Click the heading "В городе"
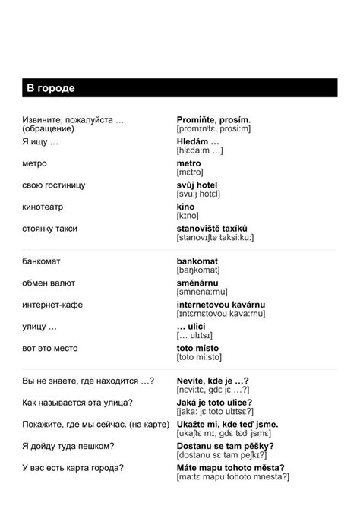51,89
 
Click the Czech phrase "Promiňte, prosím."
213,120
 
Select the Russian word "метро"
35,163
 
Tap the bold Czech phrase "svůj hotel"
197,185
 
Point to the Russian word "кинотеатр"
43,207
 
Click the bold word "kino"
185,207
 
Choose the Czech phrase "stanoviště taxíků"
212,229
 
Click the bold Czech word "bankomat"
197,261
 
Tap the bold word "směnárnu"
197,283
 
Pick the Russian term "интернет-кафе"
52,305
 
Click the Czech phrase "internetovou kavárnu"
219,305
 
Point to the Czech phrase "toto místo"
197,348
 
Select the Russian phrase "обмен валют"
49,283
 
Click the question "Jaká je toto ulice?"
215,403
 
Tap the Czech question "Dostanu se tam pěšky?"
226,446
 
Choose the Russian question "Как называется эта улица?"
77,403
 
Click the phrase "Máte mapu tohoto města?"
231,468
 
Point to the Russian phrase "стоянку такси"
50,229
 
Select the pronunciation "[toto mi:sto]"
199,356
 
